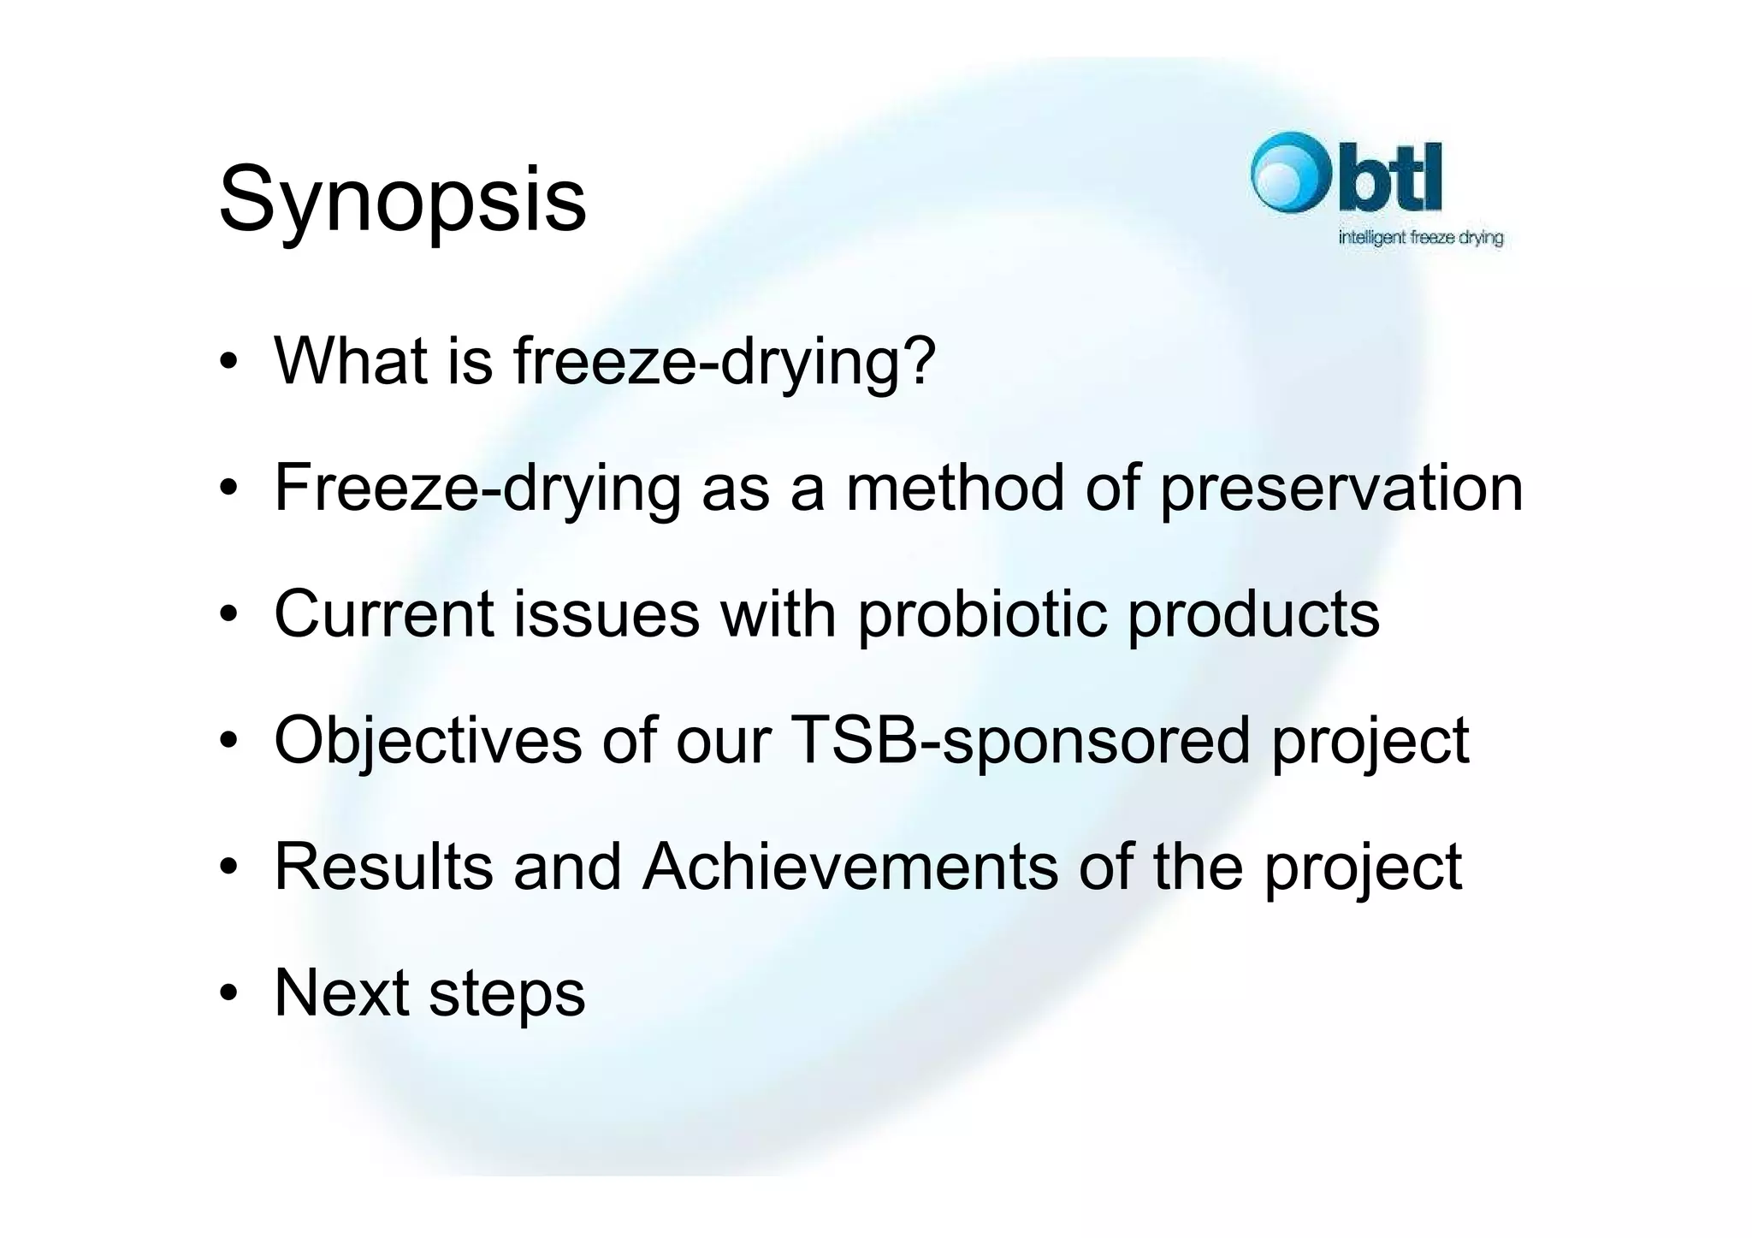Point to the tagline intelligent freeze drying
[x=1420, y=238]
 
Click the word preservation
[x=1341, y=489]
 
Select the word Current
[x=384, y=614]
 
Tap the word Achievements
[x=849, y=867]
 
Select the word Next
[x=341, y=993]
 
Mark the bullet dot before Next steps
[x=228, y=994]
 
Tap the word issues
[x=606, y=614]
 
